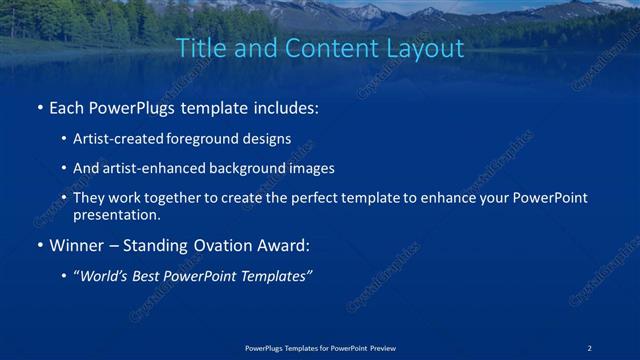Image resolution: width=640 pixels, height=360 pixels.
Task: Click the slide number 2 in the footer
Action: pos(590,347)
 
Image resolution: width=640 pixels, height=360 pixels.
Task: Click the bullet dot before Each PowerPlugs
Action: pos(39,107)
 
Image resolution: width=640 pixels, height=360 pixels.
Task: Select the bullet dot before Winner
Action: pos(39,245)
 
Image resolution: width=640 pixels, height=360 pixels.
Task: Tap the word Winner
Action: pos(77,245)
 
